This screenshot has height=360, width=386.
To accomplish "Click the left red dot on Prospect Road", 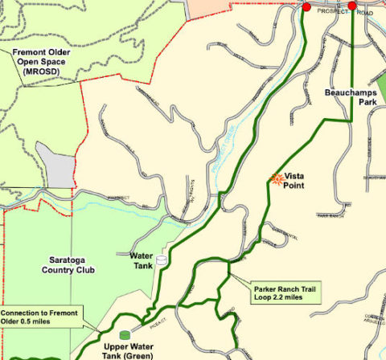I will coord(306,7).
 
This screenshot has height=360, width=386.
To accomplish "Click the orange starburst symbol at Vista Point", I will coord(277,179).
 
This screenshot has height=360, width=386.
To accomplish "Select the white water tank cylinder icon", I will coord(162,261).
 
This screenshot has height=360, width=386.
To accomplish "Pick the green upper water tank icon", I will coord(124,334).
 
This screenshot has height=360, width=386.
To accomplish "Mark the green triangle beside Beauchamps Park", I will coord(378,80).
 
